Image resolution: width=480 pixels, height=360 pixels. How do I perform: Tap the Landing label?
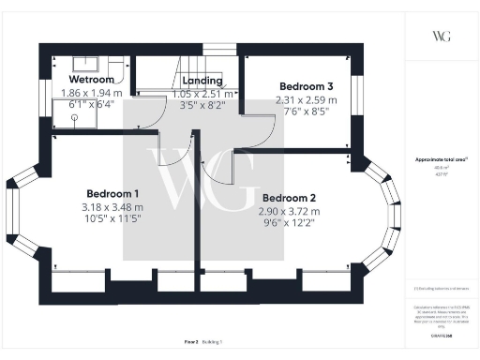[202, 81]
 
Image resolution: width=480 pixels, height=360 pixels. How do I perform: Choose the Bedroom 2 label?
[289, 199]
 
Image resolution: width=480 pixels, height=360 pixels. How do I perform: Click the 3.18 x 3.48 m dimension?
[112, 207]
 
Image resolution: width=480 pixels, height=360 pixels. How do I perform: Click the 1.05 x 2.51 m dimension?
[202, 94]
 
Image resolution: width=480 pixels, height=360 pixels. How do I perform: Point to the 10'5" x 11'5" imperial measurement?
[112, 219]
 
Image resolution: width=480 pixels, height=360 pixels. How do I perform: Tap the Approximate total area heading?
[442, 160]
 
